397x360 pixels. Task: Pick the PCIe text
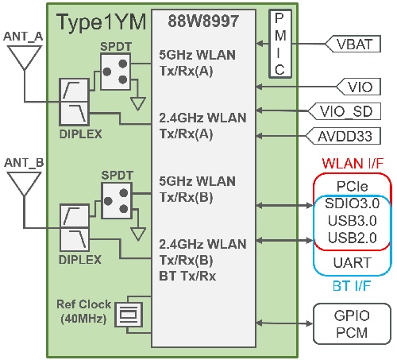point(351,185)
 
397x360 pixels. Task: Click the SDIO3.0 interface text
point(351,204)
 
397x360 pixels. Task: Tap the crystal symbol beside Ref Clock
point(125,315)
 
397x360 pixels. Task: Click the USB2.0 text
point(351,238)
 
